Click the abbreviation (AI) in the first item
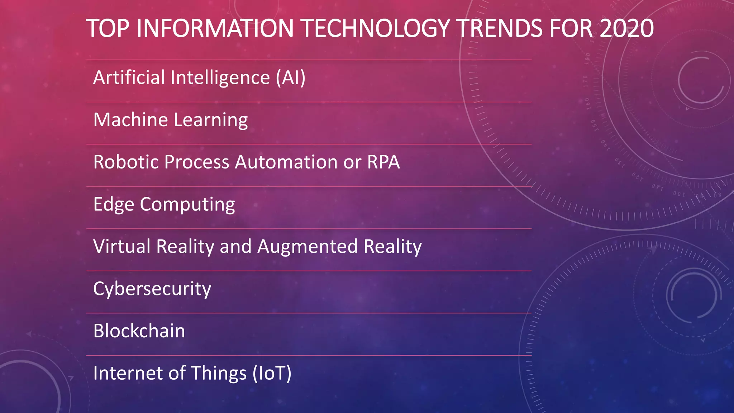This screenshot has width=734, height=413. (x=291, y=77)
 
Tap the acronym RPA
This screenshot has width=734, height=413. (x=383, y=162)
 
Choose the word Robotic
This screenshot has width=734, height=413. (x=126, y=162)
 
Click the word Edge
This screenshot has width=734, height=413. (x=114, y=204)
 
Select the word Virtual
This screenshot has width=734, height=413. (x=122, y=247)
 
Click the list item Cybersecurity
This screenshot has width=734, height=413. (x=152, y=289)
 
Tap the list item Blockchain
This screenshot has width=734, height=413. (x=139, y=331)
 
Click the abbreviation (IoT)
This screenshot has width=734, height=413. (x=272, y=373)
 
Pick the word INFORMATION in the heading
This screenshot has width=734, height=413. (x=215, y=28)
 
